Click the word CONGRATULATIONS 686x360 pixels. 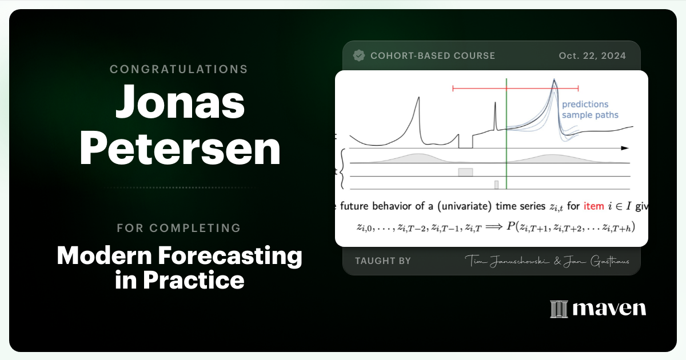tap(179, 69)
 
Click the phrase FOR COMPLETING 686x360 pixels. tap(179, 228)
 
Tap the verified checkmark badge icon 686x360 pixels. tap(359, 55)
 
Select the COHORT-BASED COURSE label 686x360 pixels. tap(433, 56)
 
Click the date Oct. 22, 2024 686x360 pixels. tap(592, 56)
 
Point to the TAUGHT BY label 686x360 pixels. tap(382, 261)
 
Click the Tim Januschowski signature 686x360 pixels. tap(504, 261)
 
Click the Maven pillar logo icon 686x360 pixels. tap(558, 309)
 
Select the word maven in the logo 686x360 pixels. tap(609, 309)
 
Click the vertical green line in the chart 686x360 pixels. tap(506, 137)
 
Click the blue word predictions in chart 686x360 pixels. tap(585, 105)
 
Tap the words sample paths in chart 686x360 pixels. tap(589, 115)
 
